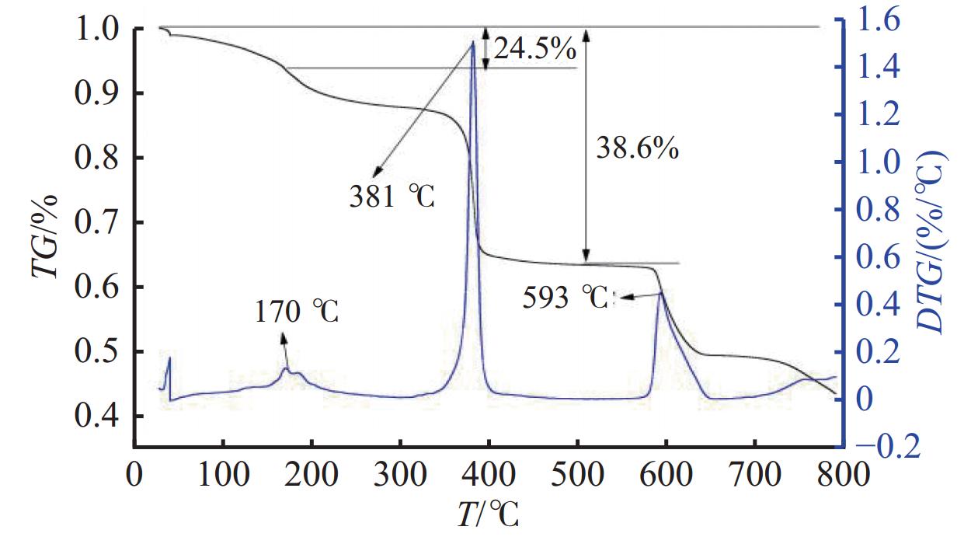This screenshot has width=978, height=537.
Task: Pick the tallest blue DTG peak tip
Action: click(472, 43)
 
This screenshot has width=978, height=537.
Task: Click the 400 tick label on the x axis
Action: click(489, 473)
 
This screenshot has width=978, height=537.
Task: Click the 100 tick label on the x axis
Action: click(223, 473)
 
